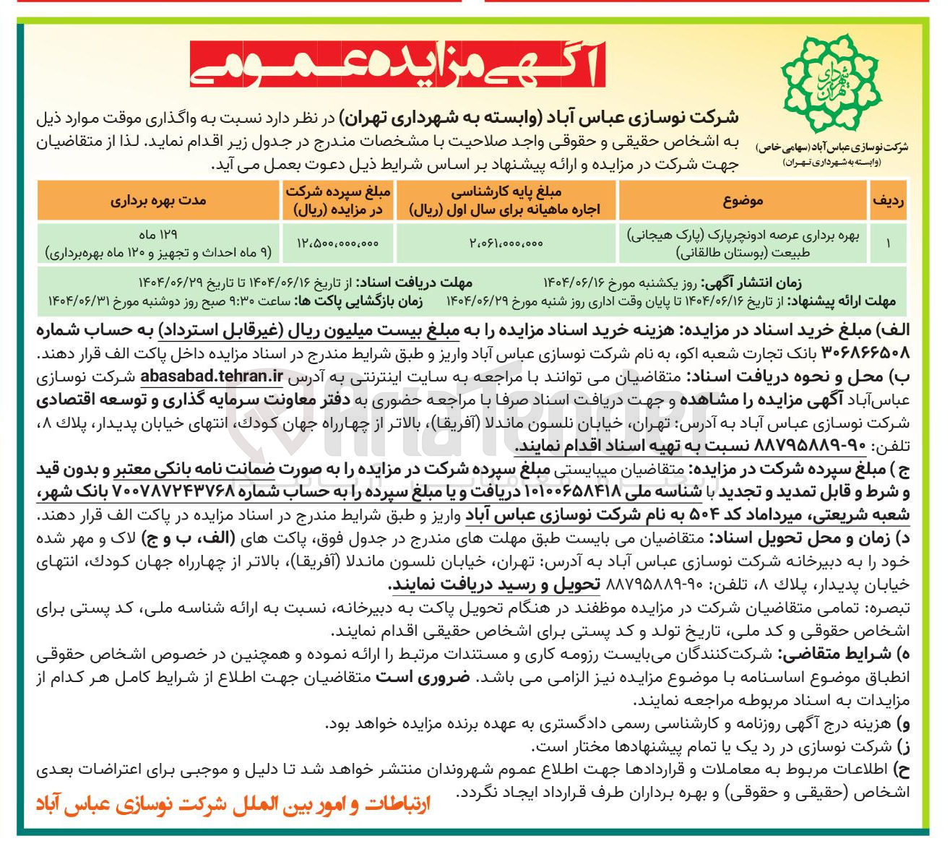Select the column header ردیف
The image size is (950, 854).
coord(888,201)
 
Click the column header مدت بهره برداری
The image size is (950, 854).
coord(157,201)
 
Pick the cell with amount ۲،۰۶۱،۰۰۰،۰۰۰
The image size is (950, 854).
coord(505,244)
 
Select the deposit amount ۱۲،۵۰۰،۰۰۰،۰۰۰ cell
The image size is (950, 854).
coord(337,244)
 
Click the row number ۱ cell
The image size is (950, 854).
coord(888,244)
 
